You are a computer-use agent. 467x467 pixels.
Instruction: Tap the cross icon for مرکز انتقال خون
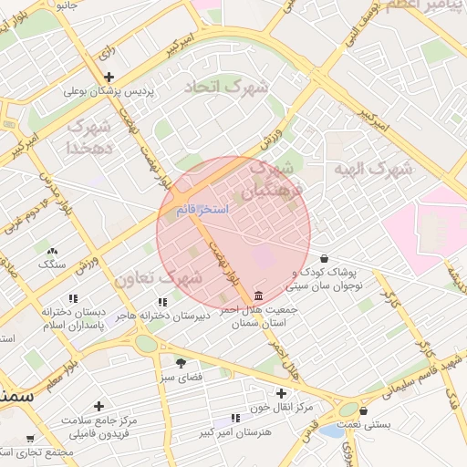point(256,392)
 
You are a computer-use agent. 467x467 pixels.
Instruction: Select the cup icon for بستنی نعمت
point(364,410)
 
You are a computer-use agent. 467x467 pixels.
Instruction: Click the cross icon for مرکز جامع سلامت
point(99,406)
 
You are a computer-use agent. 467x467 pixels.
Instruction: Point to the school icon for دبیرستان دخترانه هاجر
point(162,302)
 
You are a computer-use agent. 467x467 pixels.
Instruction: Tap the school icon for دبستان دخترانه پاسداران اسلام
point(73,298)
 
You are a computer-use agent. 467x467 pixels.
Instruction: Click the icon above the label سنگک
point(52,250)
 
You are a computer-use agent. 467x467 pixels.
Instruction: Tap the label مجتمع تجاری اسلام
point(36,452)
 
